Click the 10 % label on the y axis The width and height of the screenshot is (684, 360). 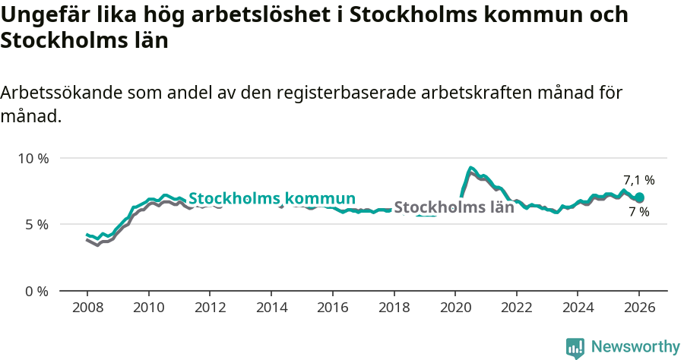[33, 158]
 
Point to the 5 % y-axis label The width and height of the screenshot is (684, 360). [36, 225]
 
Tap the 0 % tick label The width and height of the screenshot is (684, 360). [36, 291]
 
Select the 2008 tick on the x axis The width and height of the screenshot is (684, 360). [87, 308]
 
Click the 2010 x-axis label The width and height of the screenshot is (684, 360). [148, 308]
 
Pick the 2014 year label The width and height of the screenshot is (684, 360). [271, 308]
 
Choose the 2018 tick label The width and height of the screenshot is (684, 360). [394, 308]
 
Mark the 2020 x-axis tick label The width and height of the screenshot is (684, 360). [455, 308]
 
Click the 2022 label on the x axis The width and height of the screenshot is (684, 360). [517, 308]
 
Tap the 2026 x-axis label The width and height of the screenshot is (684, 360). [639, 308]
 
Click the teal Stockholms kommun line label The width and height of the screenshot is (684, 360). [272, 198]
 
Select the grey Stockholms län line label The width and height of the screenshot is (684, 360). [454, 207]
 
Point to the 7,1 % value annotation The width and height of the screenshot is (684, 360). [638, 181]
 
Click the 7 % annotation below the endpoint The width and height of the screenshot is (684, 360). [638, 212]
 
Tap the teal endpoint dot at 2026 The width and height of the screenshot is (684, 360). [639, 197]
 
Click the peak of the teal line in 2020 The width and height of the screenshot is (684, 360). [471, 168]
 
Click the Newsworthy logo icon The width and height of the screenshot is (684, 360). [575, 347]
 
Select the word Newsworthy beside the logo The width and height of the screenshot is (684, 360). [635, 347]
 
